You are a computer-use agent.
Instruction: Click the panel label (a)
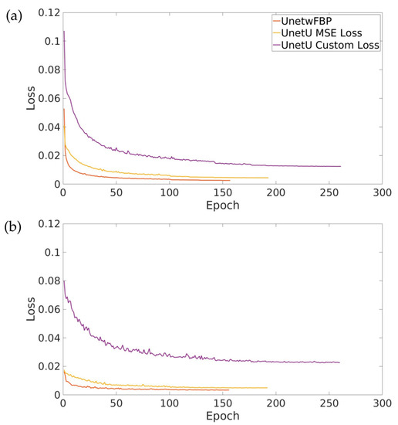tap(13, 14)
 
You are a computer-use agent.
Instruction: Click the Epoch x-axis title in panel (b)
tap(222, 417)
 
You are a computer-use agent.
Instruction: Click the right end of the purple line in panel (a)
tap(340, 166)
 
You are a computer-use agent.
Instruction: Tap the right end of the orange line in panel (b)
tap(229, 390)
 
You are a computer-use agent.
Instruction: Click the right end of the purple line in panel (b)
tap(340, 362)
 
